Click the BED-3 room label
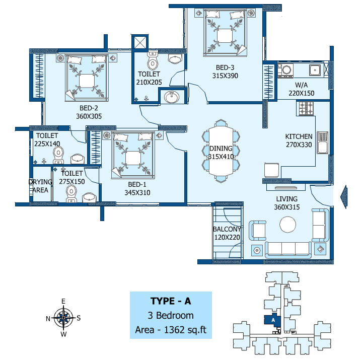pyautogui.click(x=225, y=67)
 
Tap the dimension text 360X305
pyautogui.click(x=89, y=116)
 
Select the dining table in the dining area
pyautogui.click(x=221, y=151)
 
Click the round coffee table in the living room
pyautogui.click(x=287, y=225)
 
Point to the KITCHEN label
pyautogui.click(x=299, y=136)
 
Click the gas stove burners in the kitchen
pyautogui.click(x=306, y=108)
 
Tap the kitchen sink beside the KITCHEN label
pyautogui.click(x=322, y=142)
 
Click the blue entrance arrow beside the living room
pyautogui.click(x=344, y=196)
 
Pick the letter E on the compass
pyautogui.click(x=63, y=301)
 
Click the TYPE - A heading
pyautogui.click(x=171, y=301)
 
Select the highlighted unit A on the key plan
pyautogui.click(x=273, y=320)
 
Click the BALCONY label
pyautogui.click(x=227, y=229)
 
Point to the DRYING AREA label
pyautogui.click(x=40, y=186)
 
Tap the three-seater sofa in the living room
pyautogui.click(x=288, y=250)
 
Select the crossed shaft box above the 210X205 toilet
pyautogui.click(x=140, y=43)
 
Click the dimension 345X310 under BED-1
pyautogui.click(x=137, y=193)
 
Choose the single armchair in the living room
pyautogui.click(x=257, y=231)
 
